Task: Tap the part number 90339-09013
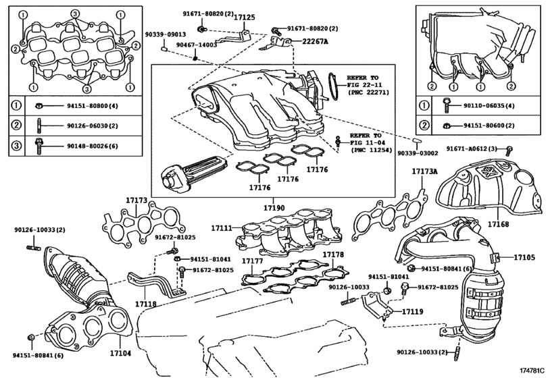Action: click(165, 34)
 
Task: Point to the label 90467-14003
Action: click(196, 45)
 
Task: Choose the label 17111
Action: click(221, 229)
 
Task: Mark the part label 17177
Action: click(252, 260)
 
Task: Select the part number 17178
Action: click(333, 254)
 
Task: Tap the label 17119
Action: click(412, 312)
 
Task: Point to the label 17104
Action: click(120, 352)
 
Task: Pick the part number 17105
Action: click(524, 257)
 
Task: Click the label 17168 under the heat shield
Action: click(499, 223)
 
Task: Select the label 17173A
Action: click(425, 171)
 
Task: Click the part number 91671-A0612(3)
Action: click(471, 148)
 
